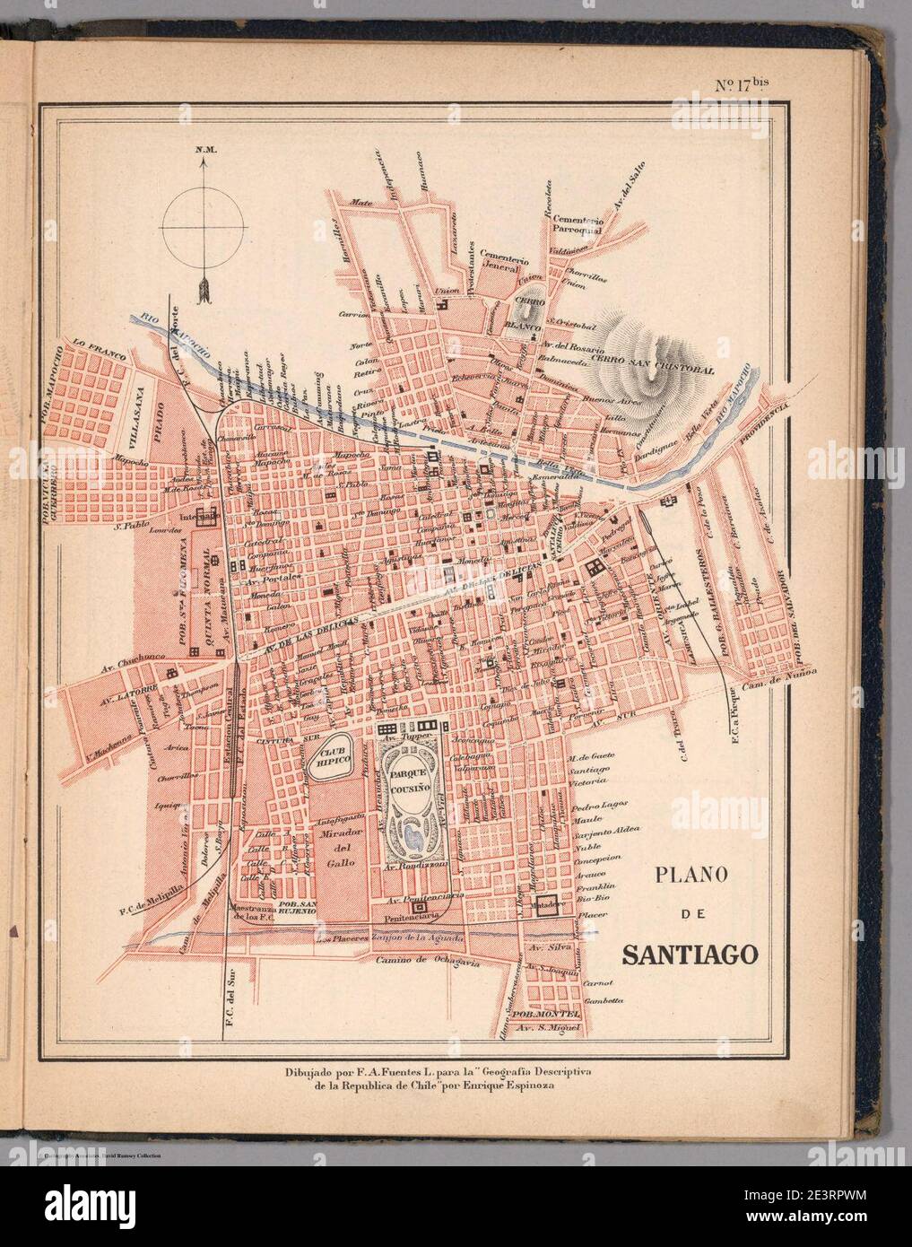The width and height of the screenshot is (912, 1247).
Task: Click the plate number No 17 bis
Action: point(742,86)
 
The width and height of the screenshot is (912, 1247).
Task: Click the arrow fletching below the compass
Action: point(203,289)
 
